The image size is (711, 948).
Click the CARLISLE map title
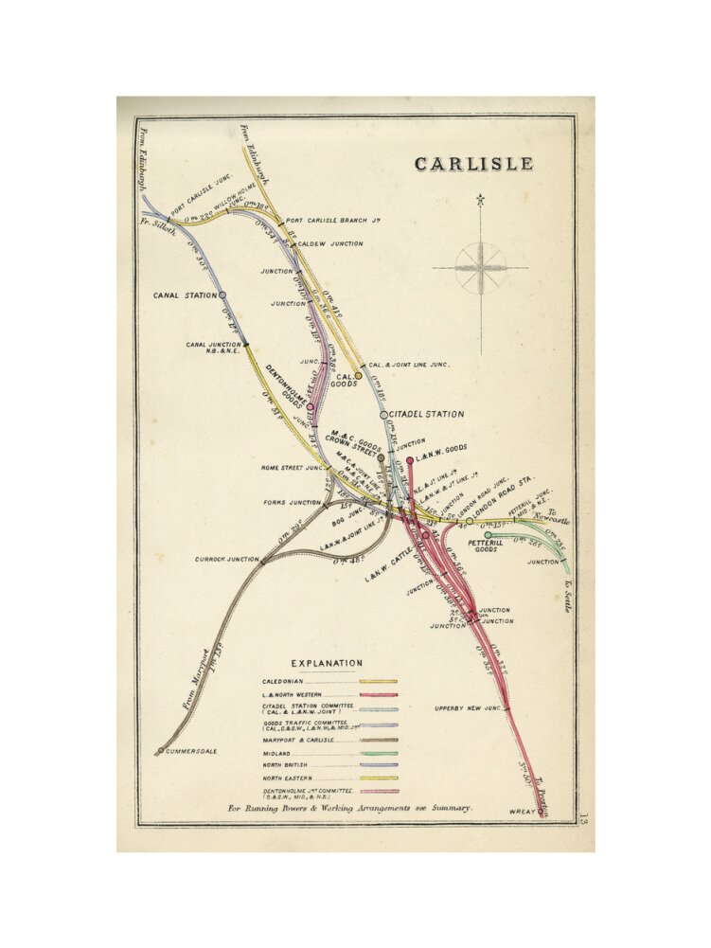tap(473, 164)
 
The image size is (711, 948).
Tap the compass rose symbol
tap(480, 267)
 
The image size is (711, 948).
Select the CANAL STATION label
tap(185, 295)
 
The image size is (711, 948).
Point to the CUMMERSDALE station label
tap(192, 751)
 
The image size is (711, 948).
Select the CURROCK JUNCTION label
tap(226, 559)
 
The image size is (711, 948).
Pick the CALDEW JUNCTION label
tap(330, 243)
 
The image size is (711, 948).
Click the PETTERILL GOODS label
tap(486, 544)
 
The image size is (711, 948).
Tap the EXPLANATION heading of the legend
tap(326, 663)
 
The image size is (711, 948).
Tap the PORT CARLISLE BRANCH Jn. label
tap(333, 222)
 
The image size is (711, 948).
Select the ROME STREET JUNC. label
tap(293, 467)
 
